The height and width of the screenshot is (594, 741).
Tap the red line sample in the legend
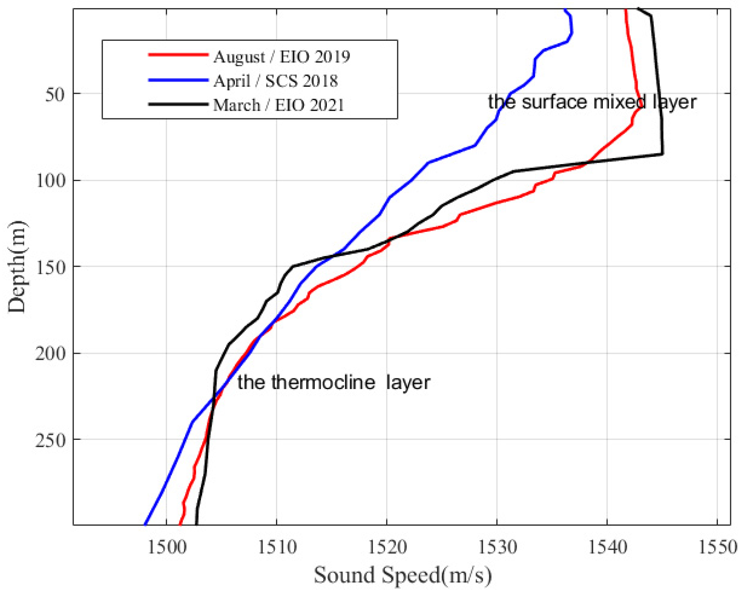point(178,55)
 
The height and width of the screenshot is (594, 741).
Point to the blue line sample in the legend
point(178,80)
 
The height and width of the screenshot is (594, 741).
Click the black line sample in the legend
point(178,104)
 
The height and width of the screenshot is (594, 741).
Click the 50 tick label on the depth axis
point(54,94)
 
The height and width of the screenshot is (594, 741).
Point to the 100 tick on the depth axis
point(50,180)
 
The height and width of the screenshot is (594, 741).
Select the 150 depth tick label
point(50,267)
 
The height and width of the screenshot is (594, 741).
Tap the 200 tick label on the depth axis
point(50,353)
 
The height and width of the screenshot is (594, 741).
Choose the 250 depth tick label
point(50,440)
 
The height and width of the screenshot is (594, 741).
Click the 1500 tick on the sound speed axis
point(167,547)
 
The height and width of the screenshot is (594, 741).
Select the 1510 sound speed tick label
point(277,547)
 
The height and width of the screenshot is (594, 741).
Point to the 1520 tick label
point(387,547)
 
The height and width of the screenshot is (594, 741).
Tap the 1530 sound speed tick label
point(497,547)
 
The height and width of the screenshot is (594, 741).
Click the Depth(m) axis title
point(17,267)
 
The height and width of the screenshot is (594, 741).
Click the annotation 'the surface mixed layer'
point(592,102)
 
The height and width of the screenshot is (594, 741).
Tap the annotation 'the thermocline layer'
point(333,383)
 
